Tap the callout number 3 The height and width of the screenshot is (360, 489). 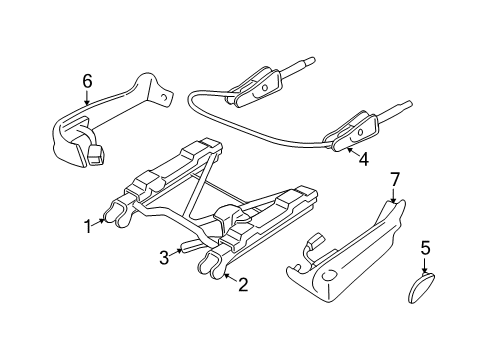[164, 259]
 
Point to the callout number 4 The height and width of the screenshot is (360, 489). [363, 158]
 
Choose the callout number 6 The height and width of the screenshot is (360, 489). [87, 80]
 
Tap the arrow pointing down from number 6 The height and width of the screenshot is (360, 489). [87, 97]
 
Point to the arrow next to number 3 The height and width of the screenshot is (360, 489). [178, 252]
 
